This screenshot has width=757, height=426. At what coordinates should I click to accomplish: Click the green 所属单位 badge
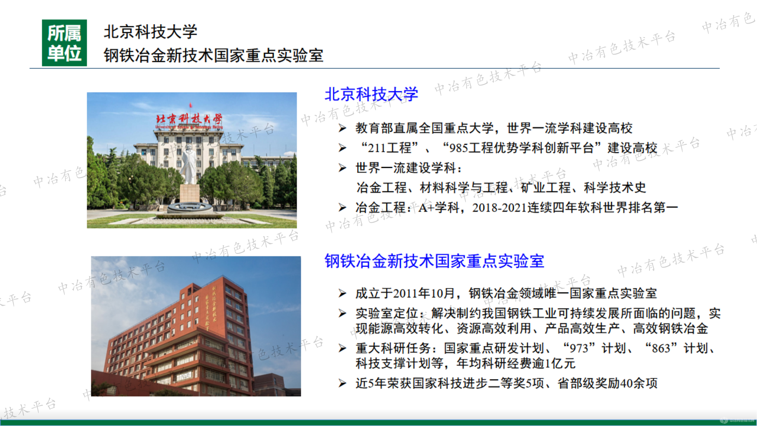64,43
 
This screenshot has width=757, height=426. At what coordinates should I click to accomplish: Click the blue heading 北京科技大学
371,94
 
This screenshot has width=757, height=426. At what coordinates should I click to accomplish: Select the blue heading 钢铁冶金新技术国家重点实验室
434,261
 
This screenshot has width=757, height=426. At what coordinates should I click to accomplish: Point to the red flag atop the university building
191,105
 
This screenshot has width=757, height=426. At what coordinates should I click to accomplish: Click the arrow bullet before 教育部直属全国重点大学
342,128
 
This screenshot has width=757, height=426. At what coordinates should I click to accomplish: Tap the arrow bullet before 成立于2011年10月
342,293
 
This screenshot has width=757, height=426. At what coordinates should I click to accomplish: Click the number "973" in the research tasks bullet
579,349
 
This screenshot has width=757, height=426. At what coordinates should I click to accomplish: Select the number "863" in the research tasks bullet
661,349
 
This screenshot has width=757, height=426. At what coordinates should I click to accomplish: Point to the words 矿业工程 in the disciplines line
546,188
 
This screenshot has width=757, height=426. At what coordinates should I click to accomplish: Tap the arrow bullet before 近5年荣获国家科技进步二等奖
342,383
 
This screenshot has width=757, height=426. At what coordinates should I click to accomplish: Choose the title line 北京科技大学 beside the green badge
150,32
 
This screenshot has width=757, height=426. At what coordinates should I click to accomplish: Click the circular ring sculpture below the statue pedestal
190,208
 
